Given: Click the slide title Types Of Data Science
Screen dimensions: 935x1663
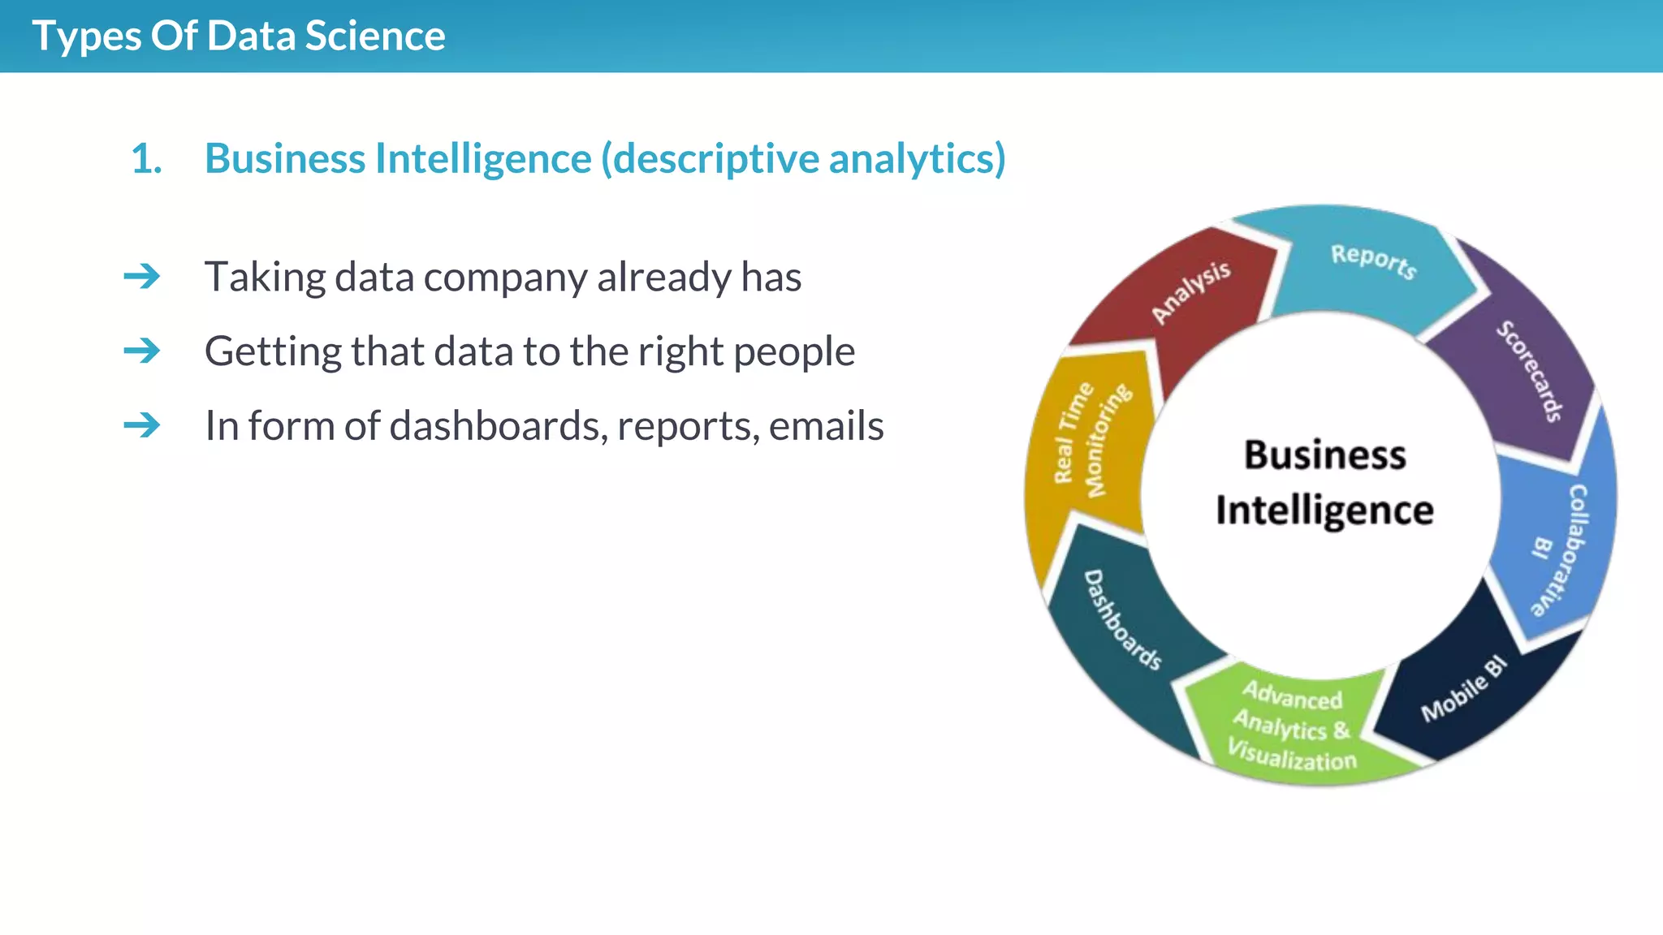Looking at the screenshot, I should [x=238, y=37].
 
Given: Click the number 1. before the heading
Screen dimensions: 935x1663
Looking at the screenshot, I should [x=146, y=158].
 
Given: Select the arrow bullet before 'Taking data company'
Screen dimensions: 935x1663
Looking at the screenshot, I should [x=142, y=277].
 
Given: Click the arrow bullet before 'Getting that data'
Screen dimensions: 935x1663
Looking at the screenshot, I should [x=142, y=351].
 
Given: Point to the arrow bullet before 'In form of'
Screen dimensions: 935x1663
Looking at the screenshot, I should [x=142, y=425].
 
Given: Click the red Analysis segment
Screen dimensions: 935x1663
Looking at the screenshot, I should [x=1190, y=292].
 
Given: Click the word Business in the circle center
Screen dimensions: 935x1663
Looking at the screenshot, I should [x=1324, y=455].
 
